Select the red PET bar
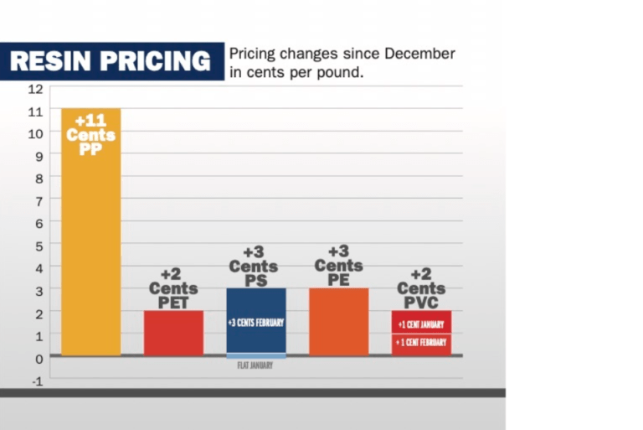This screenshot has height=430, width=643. pos(173,333)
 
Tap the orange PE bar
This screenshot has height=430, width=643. pos(339,322)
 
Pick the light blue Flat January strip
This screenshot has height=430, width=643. pos(256,357)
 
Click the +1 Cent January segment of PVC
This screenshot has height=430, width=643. pos(421,322)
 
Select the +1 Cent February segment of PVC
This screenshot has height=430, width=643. pos(421,344)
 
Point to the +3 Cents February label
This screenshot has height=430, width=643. pos(256,323)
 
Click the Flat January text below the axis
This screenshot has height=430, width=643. pos(256,366)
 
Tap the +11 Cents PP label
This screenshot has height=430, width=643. pos(90,135)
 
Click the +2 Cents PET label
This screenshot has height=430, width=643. pos(173,288)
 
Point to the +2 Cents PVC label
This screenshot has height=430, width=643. pos(421,288)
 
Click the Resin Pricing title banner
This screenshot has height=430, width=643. pos(111,61)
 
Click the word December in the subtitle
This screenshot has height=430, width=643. pos(419,54)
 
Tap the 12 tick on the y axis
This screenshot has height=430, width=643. pos(35,88)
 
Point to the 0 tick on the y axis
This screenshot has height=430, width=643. pos(38,358)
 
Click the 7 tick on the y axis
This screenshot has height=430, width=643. pos(38,200)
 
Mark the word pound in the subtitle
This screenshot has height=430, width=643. pos(343,72)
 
